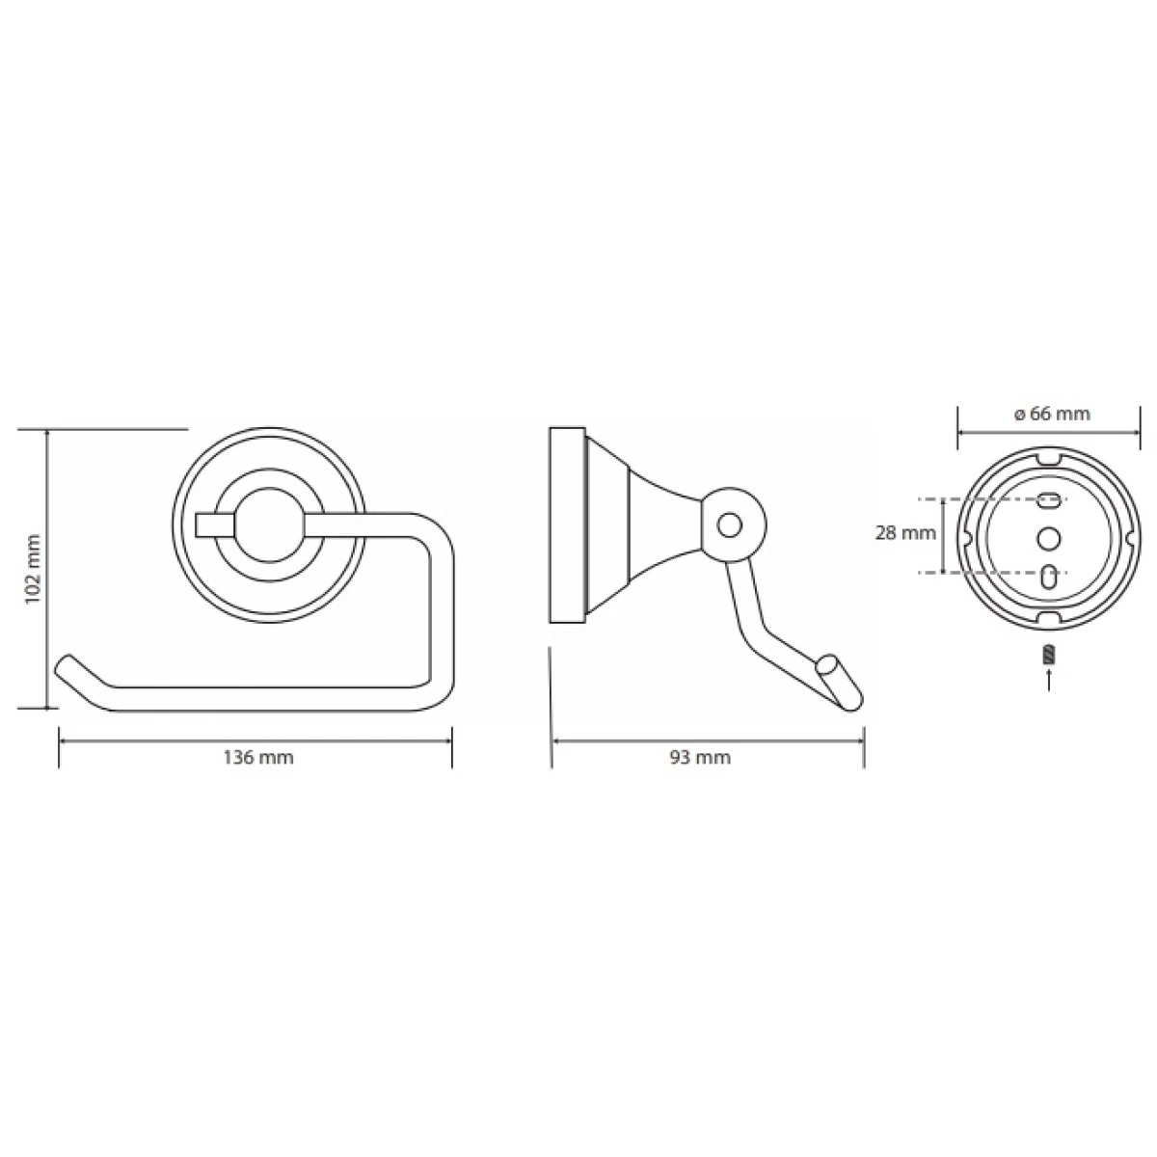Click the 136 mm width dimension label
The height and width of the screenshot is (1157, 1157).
coord(258,758)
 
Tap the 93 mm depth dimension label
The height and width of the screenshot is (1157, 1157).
coord(700,758)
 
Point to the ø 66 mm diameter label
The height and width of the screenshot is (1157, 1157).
coord(1051,414)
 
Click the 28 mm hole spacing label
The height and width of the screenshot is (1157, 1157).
coord(904,532)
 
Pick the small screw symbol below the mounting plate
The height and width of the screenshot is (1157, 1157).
coord(1049,655)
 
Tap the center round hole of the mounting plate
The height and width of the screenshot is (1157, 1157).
coord(1048,537)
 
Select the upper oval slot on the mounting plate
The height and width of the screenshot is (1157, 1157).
coord(1049,498)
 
